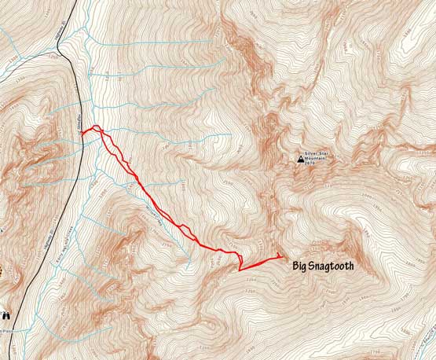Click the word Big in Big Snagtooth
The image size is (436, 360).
(301, 266)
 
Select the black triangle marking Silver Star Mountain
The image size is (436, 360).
(300, 160)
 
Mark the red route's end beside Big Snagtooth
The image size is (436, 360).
(282, 256)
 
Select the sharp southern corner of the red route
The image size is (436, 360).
(240, 270)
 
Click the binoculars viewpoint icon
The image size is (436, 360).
(6, 314)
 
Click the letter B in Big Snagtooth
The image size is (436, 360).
(295, 266)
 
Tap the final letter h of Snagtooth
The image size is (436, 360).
(350, 266)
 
